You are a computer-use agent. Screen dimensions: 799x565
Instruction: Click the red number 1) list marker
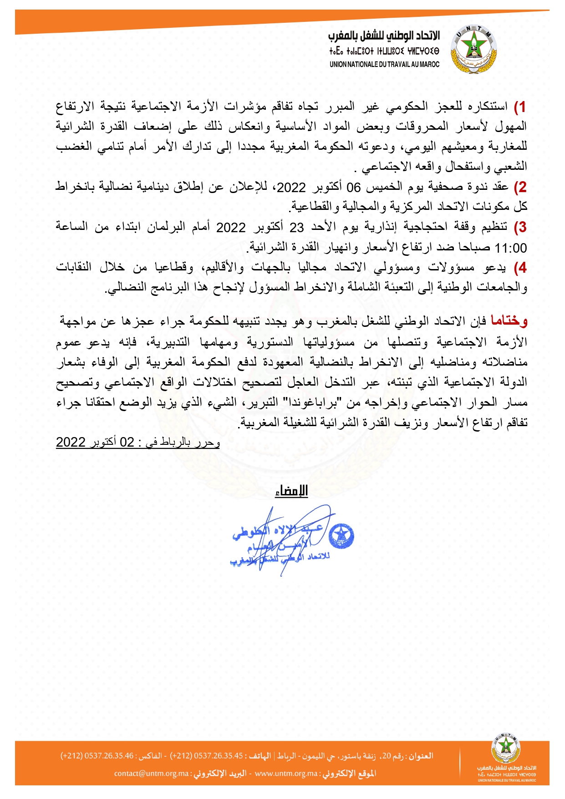[520, 107]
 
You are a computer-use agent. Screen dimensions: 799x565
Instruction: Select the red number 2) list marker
[520, 187]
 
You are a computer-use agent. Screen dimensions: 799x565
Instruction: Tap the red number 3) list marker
[520, 227]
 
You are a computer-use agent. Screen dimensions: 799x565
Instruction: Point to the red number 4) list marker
[520, 267]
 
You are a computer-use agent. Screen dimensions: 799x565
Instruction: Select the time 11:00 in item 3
[511, 248]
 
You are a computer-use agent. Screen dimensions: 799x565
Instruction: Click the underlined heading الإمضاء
[291, 491]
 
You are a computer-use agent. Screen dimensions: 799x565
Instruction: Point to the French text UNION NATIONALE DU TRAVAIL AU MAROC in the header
[385, 65]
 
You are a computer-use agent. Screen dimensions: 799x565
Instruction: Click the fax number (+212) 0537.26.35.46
[97, 756]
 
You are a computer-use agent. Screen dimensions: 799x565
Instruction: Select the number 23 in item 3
[297, 227]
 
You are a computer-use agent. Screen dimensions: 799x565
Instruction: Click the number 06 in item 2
[354, 187]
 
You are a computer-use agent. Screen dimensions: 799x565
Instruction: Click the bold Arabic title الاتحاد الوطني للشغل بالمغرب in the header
[384, 36]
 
